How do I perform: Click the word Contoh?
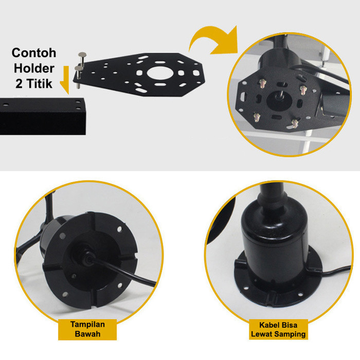34,53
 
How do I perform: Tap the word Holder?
34,68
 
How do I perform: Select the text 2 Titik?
34,83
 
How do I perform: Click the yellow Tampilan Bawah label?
87,329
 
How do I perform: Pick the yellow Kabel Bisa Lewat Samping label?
278,329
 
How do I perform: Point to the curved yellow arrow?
213,38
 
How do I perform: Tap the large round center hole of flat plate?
160,73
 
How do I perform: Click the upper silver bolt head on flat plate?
82,55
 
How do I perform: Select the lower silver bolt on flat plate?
79,76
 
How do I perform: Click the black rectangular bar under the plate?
43,116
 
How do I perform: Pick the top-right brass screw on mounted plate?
303,90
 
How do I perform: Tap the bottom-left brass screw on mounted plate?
257,117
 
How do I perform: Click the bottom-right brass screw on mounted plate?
295,124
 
